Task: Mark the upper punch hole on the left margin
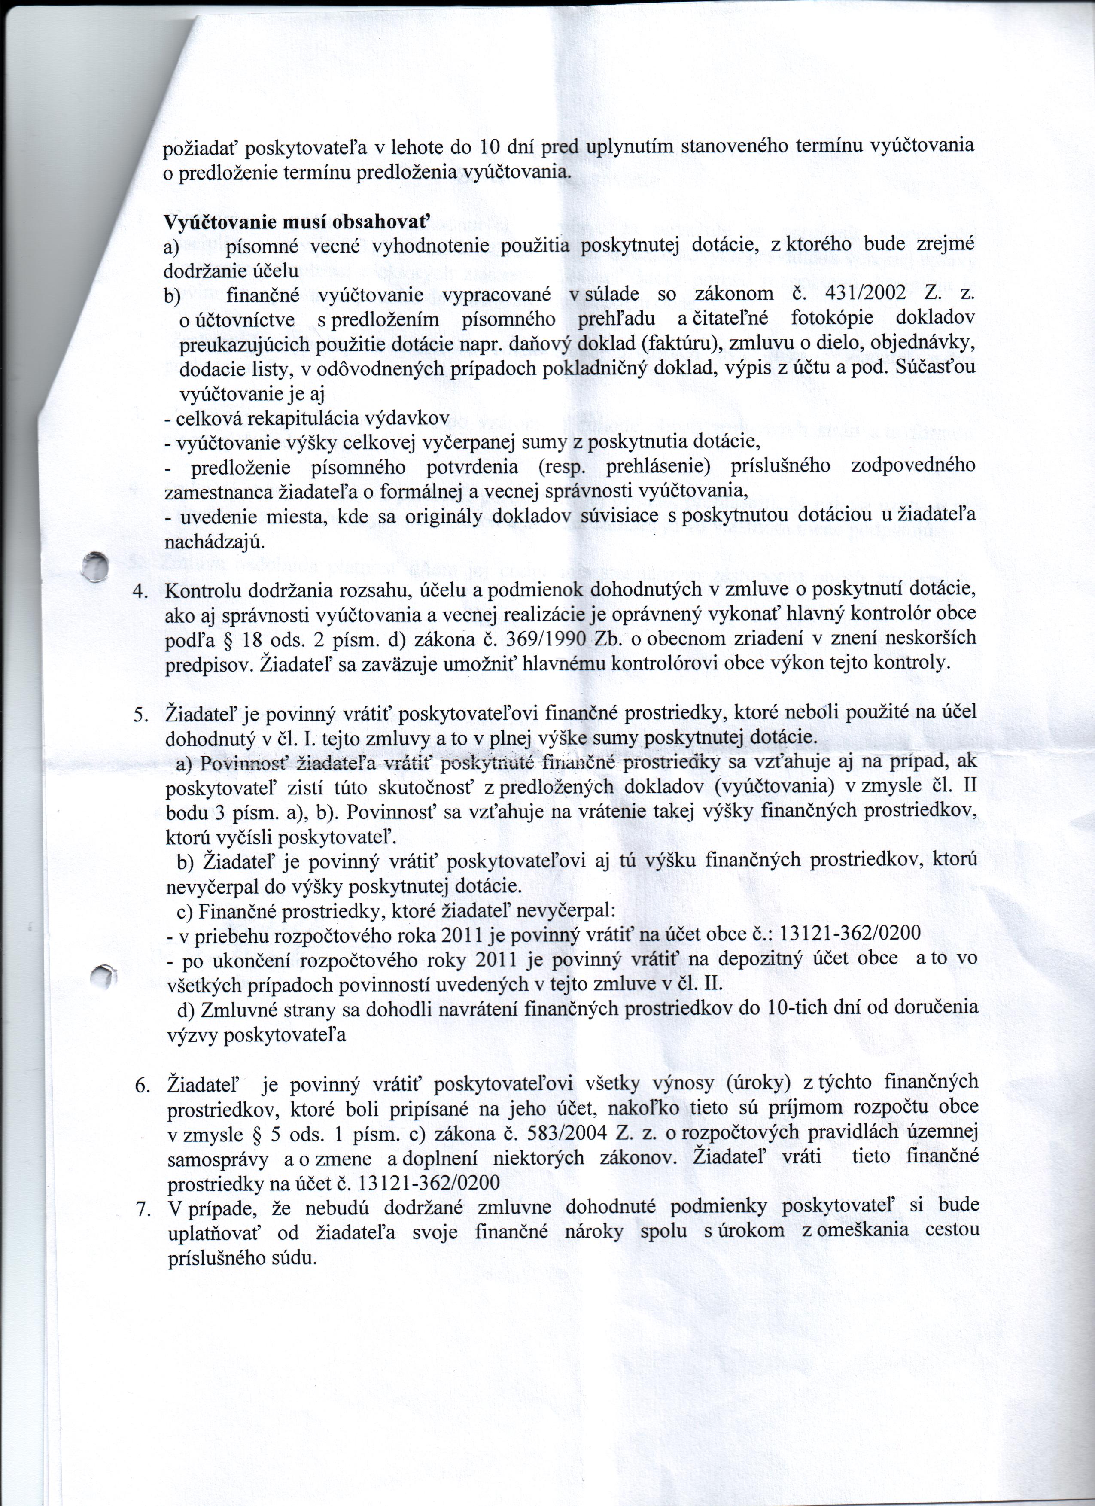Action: click(x=97, y=565)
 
